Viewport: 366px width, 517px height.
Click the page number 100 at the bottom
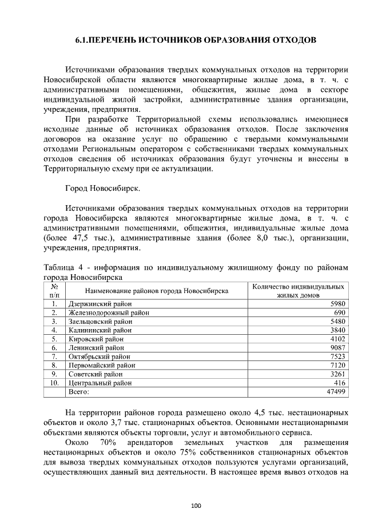click(196, 505)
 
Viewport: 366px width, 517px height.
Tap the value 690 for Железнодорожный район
click(339, 312)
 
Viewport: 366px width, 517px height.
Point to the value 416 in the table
click(339, 382)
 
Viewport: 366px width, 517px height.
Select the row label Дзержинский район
click(100, 304)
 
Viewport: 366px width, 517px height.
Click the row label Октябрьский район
click(100, 356)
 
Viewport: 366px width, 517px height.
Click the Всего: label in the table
click(79, 391)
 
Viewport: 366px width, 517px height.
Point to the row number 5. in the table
click(54, 339)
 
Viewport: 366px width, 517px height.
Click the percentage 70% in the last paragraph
click(108, 443)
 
